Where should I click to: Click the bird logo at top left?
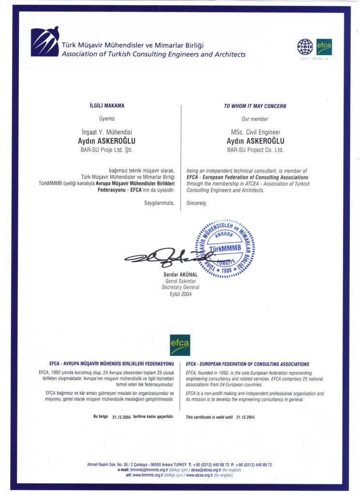click(45, 42)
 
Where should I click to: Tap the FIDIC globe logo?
click(305, 47)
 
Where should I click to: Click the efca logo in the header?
click(324, 47)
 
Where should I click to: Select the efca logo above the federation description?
click(180, 345)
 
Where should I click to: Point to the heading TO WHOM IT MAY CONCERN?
click(255, 106)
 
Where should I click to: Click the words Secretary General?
click(180, 287)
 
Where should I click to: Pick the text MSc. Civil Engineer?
click(255, 132)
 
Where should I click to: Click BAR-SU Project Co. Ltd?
click(255, 150)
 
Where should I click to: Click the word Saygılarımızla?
click(159, 203)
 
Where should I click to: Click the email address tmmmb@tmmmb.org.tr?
click(149, 469)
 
